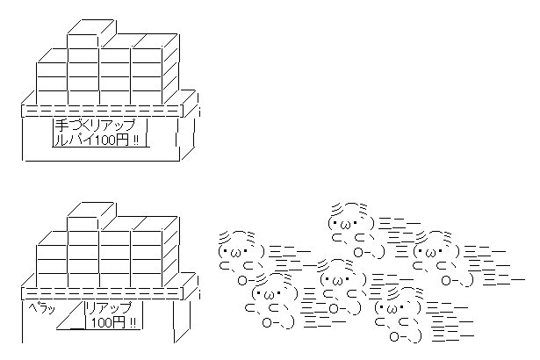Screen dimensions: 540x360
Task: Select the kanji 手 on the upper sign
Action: point(61,126)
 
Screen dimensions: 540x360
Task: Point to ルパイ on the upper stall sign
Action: point(72,140)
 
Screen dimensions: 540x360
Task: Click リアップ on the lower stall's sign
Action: point(108,307)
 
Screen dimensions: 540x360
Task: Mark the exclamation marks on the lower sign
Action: point(133,323)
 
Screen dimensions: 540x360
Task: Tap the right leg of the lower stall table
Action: point(182,320)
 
